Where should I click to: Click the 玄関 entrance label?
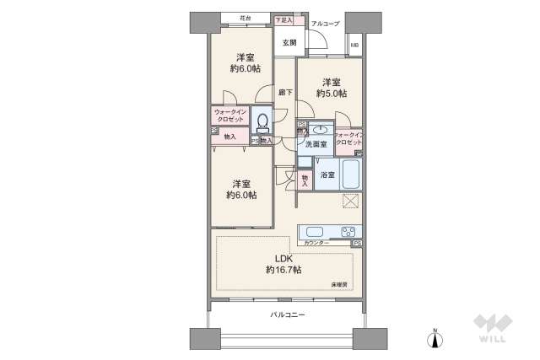(x=289, y=41)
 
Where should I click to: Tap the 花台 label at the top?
(x=246, y=17)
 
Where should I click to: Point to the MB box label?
(x=354, y=45)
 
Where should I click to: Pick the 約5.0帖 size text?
(x=330, y=94)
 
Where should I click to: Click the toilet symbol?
(x=262, y=122)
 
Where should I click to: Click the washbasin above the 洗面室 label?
(x=318, y=130)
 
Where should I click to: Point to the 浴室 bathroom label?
(x=327, y=175)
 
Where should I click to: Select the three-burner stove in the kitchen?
(x=348, y=232)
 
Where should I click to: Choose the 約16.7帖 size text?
(x=283, y=270)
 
